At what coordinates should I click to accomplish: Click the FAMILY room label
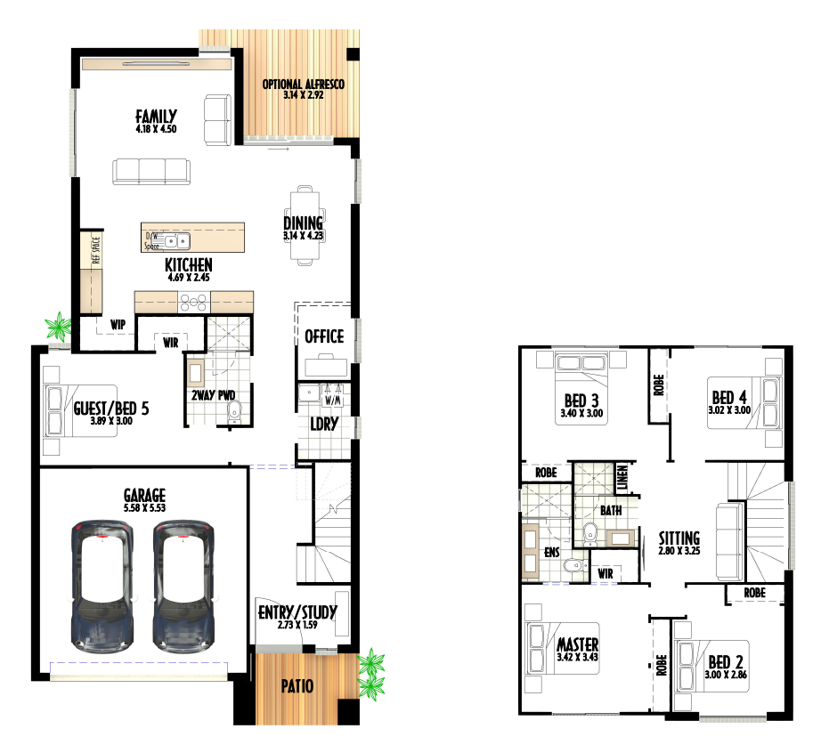click(156, 117)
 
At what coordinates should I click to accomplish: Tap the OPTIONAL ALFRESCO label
click(303, 85)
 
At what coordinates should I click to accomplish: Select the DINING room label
click(303, 223)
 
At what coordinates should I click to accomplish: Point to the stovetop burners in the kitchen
click(194, 303)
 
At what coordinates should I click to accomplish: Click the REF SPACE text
click(95, 251)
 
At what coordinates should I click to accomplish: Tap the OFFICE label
click(324, 336)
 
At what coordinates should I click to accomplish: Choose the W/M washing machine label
click(334, 401)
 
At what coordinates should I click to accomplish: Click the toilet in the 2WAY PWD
click(235, 411)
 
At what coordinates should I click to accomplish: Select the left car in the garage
click(102, 586)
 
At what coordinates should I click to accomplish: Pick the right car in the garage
click(183, 586)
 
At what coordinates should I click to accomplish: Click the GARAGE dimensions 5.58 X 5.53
click(144, 507)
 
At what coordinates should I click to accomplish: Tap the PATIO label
click(297, 686)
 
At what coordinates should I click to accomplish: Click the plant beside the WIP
click(59, 326)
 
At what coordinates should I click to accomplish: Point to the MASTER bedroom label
click(578, 644)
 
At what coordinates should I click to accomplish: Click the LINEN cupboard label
click(622, 477)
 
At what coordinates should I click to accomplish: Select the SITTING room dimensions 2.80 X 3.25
click(679, 550)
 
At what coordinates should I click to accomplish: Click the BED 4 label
click(729, 397)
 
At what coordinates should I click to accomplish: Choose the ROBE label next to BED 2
click(662, 665)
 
